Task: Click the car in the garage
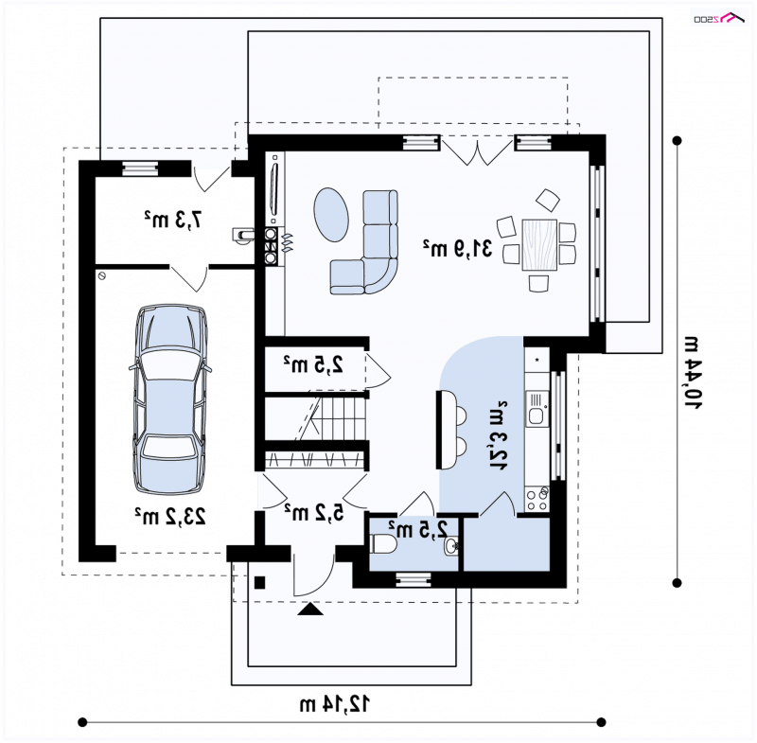(x=170, y=399)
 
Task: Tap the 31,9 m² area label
(x=457, y=248)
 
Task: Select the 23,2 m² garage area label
(x=170, y=516)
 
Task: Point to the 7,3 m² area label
(x=172, y=220)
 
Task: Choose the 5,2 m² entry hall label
(x=314, y=512)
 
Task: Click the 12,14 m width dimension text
(x=335, y=704)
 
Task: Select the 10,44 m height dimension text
(x=693, y=372)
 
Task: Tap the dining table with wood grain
(x=539, y=245)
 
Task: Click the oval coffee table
(x=331, y=214)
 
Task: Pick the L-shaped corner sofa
(x=364, y=242)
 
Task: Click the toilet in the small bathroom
(x=383, y=544)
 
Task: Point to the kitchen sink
(x=537, y=409)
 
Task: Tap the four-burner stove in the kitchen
(x=537, y=499)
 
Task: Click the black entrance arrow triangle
(x=310, y=610)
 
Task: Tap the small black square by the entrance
(x=259, y=583)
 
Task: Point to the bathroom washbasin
(x=451, y=546)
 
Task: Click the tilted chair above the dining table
(x=548, y=200)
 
